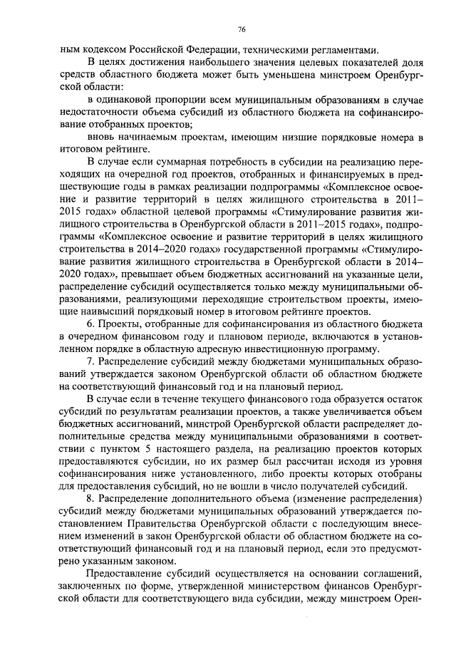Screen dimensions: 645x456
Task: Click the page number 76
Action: pos(242,29)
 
